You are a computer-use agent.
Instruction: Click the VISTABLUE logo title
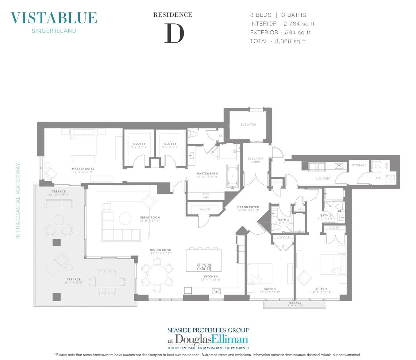pos(54,18)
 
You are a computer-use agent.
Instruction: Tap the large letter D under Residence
pos(174,33)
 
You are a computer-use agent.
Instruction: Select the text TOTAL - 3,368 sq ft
pos(278,41)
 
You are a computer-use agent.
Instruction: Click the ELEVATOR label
pos(249,125)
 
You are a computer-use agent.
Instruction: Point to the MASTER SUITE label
pos(83,169)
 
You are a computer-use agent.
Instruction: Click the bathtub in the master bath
pos(232,176)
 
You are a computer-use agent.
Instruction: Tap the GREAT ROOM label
pos(150,218)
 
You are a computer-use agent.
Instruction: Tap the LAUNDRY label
pos(323,179)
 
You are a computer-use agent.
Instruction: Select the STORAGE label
pos(359,165)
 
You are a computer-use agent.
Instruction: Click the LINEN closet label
pos(299,209)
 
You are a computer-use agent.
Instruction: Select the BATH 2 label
pos(326,215)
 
